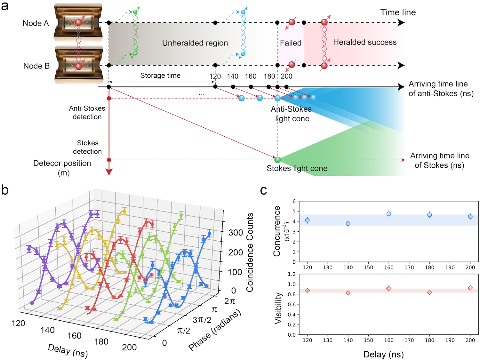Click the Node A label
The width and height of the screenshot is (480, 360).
36,23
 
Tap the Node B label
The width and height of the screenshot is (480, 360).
36,66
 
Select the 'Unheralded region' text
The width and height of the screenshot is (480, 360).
195,43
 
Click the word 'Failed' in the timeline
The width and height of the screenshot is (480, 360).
291,43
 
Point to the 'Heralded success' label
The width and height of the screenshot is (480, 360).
365,42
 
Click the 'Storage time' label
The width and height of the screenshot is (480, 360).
160,76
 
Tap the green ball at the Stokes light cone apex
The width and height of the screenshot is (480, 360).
277,160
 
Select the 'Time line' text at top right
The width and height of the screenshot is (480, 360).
398,12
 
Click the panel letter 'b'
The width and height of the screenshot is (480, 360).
5,190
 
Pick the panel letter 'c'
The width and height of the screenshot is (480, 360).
263,190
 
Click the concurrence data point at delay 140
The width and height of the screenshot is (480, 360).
348,224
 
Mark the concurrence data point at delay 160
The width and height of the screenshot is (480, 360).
389,214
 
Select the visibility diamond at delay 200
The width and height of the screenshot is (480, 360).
470,288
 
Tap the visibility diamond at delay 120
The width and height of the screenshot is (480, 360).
308,291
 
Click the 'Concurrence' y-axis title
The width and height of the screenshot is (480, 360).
277,231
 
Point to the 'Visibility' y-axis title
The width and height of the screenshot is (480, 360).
278,308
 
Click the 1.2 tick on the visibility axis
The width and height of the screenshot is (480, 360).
292,274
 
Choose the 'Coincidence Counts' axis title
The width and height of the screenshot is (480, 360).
250,252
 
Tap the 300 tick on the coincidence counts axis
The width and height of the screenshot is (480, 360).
236,233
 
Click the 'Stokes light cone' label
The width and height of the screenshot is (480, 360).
297,168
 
